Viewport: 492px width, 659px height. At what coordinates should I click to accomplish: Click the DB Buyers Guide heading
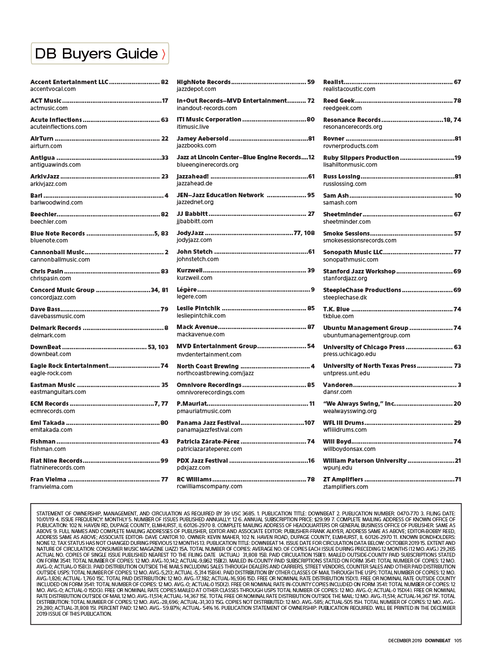tap(96, 54)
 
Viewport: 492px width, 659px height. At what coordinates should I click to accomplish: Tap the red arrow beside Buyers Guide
tap(164, 54)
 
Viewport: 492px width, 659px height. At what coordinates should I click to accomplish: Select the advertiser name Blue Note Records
tap(58, 234)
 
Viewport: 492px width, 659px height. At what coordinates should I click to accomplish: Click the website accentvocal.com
tap(53, 89)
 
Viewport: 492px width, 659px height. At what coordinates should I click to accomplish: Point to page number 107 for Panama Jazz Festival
tap(309, 423)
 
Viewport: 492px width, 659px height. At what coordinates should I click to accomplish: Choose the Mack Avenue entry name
tap(197, 327)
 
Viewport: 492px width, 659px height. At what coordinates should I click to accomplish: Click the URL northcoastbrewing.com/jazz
tap(215, 373)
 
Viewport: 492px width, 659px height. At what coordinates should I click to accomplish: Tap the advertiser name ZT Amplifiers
tap(343, 479)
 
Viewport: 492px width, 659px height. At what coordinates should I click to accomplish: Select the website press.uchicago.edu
tap(349, 354)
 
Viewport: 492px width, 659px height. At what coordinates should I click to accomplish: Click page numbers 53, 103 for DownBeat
tap(158, 347)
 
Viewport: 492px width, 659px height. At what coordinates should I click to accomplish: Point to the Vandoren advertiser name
tap(338, 385)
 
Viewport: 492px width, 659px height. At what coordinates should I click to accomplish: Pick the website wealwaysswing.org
tap(349, 411)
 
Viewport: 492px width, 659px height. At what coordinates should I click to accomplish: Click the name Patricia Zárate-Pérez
tap(208, 442)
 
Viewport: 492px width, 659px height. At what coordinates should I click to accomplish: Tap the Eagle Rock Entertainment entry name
tap(69, 366)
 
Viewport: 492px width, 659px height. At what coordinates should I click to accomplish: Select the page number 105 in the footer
tap(458, 641)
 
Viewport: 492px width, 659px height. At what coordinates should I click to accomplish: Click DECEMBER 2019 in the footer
tap(405, 641)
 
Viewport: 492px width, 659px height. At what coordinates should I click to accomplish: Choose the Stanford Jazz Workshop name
tap(359, 271)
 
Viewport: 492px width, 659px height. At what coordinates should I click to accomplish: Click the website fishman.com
tap(48, 449)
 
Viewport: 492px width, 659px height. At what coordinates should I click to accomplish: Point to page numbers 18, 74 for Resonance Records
tap(452, 120)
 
